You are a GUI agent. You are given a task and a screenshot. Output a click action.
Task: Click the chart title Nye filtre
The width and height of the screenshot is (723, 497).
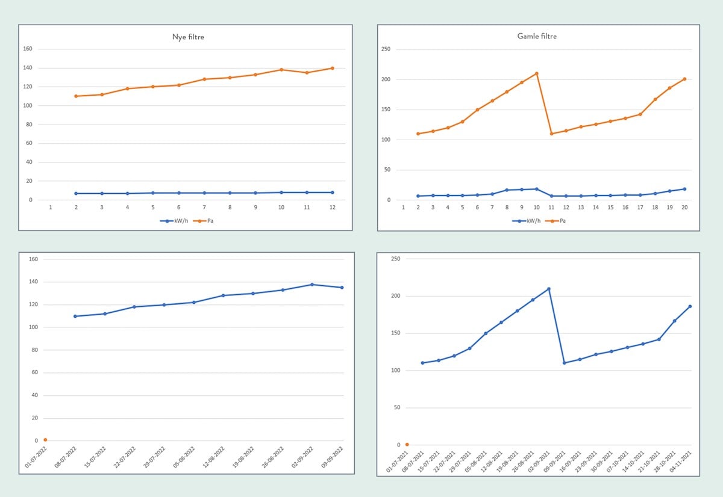click(187, 37)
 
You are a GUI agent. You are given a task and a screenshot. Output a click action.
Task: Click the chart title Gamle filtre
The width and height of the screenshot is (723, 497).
click(537, 36)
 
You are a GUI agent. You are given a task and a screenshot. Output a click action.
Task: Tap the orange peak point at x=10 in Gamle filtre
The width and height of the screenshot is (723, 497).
click(536, 73)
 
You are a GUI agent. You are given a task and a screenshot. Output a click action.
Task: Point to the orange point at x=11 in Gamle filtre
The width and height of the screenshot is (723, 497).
click(551, 134)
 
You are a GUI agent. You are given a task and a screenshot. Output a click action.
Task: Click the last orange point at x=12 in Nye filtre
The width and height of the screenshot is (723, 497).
click(332, 68)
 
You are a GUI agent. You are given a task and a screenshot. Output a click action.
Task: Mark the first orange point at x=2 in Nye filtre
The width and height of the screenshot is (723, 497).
click(76, 96)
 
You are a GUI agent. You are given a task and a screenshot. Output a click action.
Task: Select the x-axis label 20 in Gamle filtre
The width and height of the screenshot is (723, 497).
click(684, 208)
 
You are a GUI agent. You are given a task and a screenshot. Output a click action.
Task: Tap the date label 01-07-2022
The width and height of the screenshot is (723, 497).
click(35, 457)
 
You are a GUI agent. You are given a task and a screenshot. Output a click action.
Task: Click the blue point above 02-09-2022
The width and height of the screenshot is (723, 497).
click(312, 285)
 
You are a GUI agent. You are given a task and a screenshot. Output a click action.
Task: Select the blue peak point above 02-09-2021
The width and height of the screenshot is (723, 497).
click(548, 289)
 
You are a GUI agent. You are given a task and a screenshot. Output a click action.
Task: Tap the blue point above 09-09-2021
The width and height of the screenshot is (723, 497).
click(564, 363)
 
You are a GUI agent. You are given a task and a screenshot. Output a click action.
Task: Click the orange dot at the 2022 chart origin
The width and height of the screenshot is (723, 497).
click(45, 440)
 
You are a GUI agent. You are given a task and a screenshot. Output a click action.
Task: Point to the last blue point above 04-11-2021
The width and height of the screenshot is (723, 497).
click(690, 306)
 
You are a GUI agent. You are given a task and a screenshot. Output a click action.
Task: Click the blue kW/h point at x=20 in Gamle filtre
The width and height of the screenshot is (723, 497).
click(684, 189)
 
